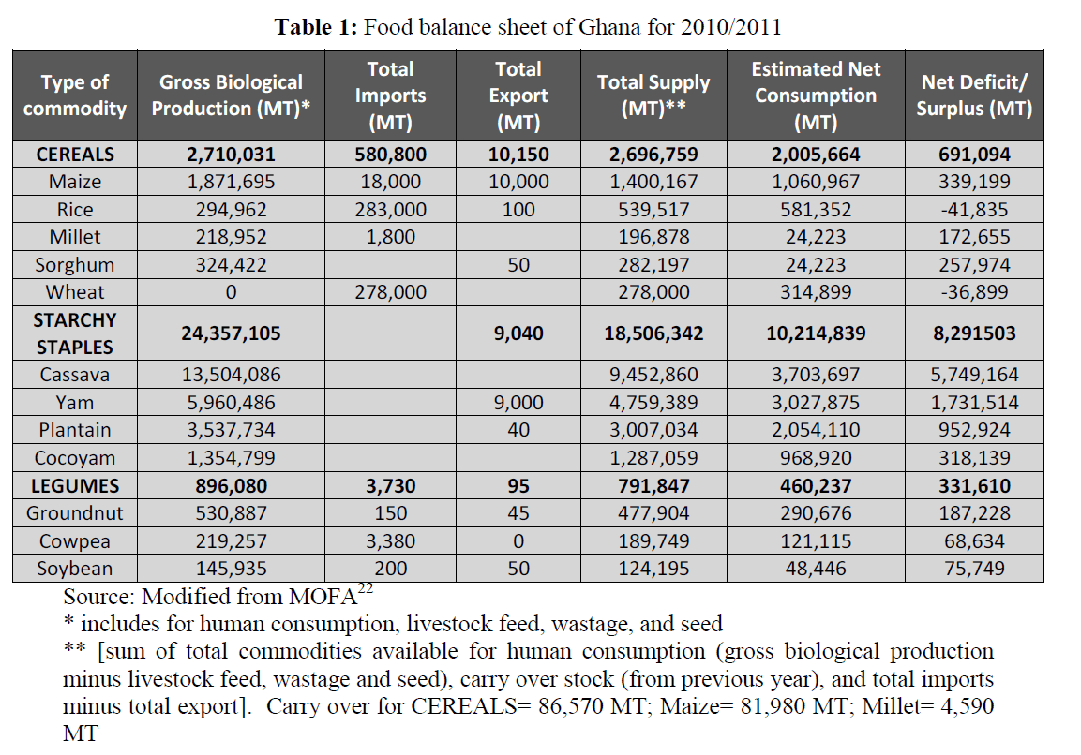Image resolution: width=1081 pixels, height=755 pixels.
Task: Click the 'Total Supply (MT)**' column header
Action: click(x=653, y=96)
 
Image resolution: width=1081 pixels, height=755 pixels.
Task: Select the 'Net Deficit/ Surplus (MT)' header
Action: click(x=974, y=96)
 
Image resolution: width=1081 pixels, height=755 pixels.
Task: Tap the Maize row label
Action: click(x=74, y=182)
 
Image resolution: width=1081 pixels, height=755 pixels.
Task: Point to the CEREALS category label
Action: click(x=74, y=154)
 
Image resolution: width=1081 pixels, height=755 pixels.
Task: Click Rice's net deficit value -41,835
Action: click(x=974, y=209)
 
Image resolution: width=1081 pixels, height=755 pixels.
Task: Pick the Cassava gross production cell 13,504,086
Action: click(x=231, y=375)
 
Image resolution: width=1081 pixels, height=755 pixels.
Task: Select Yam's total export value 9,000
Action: click(x=518, y=403)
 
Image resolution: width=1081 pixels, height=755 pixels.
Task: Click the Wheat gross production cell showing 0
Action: click(x=231, y=292)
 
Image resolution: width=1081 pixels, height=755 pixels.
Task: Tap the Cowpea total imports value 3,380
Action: click(x=389, y=541)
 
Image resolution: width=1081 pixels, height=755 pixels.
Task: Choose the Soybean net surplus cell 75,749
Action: click(x=974, y=569)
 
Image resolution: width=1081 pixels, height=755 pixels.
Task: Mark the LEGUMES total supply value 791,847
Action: click(x=653, y=486)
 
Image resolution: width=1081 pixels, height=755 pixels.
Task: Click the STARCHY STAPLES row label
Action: click(x=74, y=333)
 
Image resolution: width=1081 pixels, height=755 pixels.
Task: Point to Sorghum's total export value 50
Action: click(x=518, y=264)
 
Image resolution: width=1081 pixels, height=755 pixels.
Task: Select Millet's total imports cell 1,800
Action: click(x=389, y=237)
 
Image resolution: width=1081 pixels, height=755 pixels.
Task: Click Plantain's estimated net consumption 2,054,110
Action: click(x=815, y=430)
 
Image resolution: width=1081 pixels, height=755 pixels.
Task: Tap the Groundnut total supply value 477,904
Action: click(x=653, y=513)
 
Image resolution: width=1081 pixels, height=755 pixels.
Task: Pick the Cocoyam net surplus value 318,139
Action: click(x=974, y=458)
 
